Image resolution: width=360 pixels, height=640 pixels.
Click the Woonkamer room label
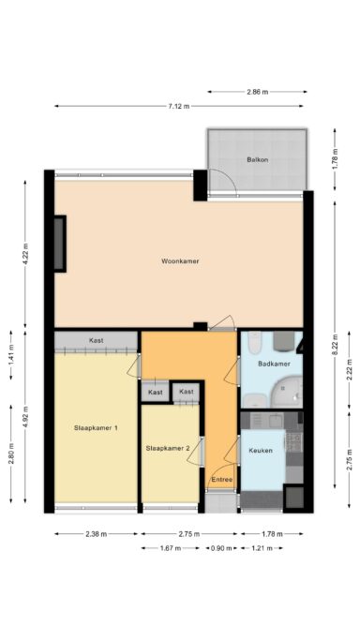click(x=180, y=261)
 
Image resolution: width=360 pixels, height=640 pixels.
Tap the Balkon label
click(x=258, y=160)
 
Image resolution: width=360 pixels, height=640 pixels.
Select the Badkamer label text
click(x=274, y=364)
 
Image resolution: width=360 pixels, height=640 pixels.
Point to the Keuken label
click(x=261, y=451)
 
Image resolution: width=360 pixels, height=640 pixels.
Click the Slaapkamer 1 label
click(x=96, y=428)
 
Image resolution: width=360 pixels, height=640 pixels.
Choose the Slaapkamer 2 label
click(x=168, y=448)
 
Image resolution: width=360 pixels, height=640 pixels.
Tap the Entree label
click(x=221, y=479)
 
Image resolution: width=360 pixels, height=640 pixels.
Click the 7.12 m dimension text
click(x=179, y=106)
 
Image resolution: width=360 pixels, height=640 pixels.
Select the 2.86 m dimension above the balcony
click(x=258, y=92)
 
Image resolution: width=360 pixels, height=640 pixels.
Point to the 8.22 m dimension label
click(x=335, y=345)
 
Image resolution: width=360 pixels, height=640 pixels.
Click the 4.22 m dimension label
click(x=25, y=254)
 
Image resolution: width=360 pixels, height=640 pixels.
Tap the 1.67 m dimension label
click(x=171, y=548)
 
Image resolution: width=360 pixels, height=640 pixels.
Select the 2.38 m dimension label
click(x=96, y=534)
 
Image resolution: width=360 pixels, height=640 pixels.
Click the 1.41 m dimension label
click(x=11, y=355)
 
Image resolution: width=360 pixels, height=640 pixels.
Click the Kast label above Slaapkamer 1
click(x=96, y=340)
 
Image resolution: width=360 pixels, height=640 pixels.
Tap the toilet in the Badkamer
click(x=253, y=342)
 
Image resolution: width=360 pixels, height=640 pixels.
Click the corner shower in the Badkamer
click(x=289, y=393)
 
